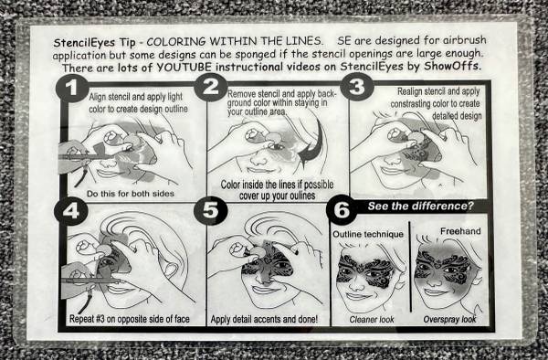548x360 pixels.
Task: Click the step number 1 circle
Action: tap(72, 88)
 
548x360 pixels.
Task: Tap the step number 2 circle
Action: tap(211, 87)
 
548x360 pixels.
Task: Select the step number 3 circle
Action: tap(357, 87)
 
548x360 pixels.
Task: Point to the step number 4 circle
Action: tap(71, 211)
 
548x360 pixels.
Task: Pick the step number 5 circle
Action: tap(210, 210)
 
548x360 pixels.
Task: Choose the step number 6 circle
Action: tap(342, 210)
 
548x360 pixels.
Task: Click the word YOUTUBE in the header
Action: tap(184, 68)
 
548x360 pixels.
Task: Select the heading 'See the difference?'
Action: tap(420, 206)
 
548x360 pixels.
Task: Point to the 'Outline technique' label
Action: tap(368, 234)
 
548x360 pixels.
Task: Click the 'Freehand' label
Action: tap(460, 231)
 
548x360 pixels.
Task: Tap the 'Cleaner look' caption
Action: tap(372, 320)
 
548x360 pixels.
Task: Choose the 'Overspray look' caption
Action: tap(449, 319)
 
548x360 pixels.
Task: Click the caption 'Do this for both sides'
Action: tap(131, 194)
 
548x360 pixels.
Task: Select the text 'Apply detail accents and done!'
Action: tap(264, 319)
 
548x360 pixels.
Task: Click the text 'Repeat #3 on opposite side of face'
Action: tap(130, 319)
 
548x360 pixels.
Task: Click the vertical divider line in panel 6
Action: tap(410, 266)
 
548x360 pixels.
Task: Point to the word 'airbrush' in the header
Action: tap(465, 40)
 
